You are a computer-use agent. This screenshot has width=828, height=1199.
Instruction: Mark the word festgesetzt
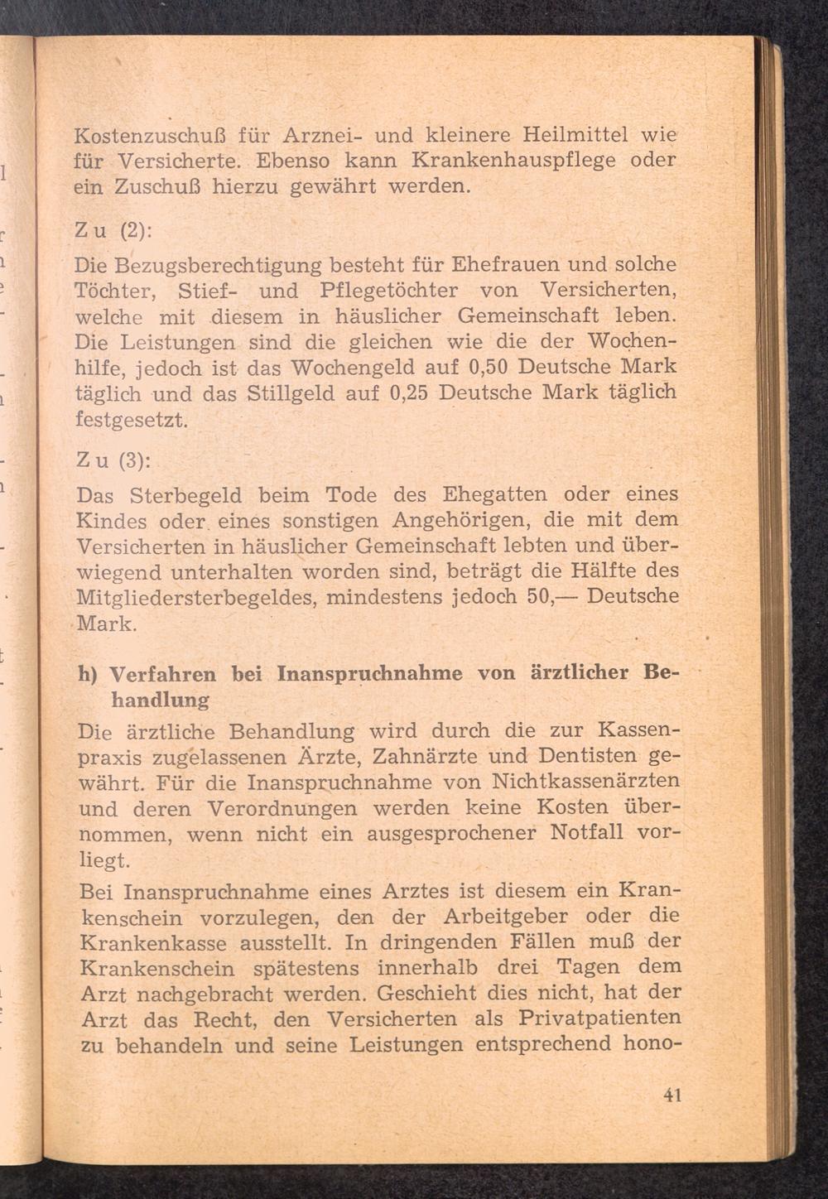coord(133,419)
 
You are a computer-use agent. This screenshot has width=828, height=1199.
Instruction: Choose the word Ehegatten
coord(495,495)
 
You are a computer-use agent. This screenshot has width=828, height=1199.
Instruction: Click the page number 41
coord(672,1095)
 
